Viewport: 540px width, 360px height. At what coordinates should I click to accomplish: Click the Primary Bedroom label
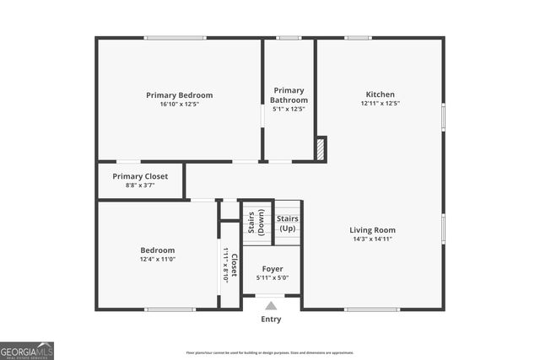[x=179, y=95]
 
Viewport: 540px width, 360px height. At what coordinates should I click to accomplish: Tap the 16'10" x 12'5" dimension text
[x=179, y=105]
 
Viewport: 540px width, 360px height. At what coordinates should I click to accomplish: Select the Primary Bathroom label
[x=289, y=95]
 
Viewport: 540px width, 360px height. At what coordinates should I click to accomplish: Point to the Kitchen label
[x=380, y=94]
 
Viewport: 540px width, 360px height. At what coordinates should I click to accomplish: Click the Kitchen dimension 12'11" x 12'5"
[x=380, y=104]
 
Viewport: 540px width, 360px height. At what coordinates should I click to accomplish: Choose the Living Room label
[x=373, y=230]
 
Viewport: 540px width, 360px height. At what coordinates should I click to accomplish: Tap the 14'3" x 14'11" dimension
[x=373, y=239]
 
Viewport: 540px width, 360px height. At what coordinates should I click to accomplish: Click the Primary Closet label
[x=140, y=176]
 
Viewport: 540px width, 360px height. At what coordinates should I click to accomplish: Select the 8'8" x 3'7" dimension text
[x=140, y=185]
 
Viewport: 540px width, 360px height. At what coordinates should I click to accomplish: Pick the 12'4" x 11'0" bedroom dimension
[x=157, y=260]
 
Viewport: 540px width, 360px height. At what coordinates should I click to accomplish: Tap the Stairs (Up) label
[x=287, y=223]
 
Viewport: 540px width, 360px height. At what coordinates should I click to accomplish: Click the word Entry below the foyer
[x=271, y=320]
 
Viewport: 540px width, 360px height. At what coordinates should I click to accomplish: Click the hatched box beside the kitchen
[x=321, y=149]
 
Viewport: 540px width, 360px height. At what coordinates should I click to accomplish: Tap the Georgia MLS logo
[x=27, y=350]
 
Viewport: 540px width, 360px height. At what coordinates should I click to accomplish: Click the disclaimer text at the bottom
[x=270, y=352]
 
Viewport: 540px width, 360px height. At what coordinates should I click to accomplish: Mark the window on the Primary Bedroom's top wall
[x=175, y=38]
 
